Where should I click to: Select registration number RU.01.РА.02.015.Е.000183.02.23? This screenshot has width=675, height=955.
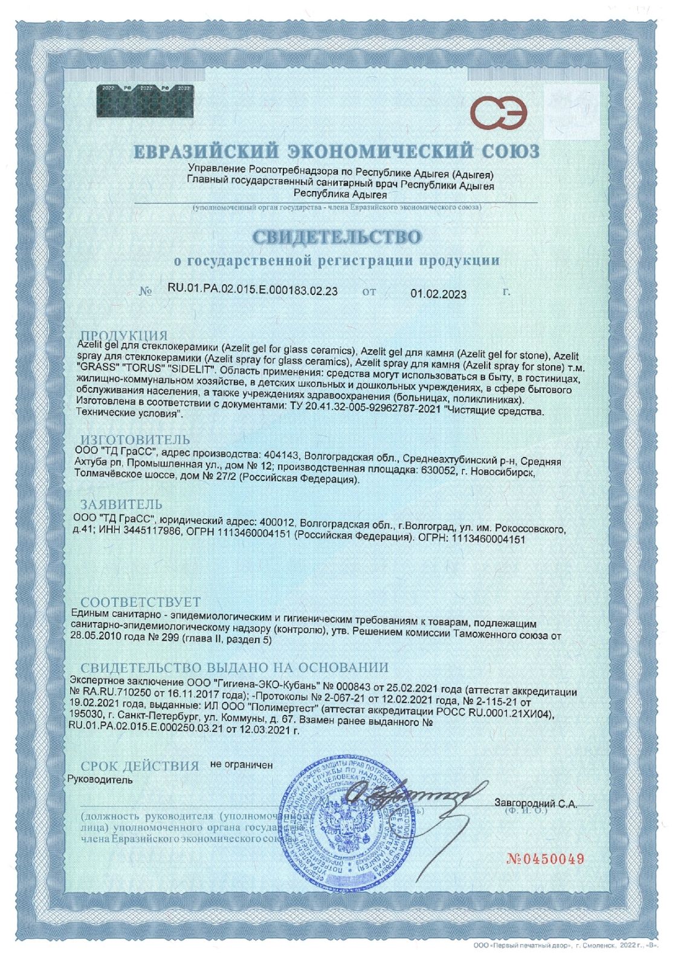252,291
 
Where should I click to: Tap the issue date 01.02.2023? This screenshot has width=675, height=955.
438,294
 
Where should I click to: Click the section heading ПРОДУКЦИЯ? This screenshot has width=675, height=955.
124,336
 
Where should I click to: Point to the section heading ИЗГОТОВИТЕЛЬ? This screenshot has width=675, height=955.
135,439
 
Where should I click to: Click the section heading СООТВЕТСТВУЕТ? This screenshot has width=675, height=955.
140,602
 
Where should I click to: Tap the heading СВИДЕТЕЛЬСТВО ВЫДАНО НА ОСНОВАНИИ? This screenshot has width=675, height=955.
234,667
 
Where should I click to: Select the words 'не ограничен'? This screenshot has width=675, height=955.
241,765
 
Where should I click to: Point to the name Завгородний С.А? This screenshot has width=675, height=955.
535,804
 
